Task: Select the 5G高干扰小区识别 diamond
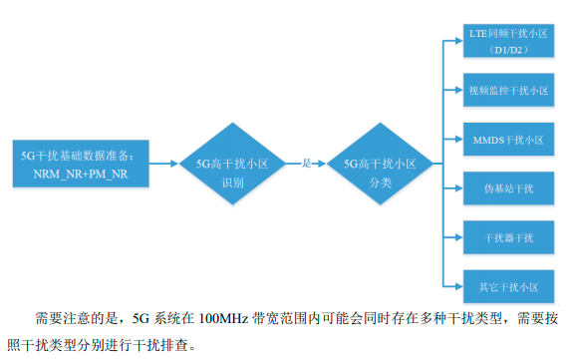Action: pos(232,164)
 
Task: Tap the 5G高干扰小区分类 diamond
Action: pos(379,164)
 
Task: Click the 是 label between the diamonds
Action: pos(307,162)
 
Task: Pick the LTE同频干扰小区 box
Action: pos(508,41)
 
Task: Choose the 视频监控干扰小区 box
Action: pos(508,90)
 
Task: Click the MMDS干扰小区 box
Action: pos(508,139)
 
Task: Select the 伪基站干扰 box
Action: pos(508,187)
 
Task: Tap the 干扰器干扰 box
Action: pos(508,237)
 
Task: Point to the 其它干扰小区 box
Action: pos(508,286)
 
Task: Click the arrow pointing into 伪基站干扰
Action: pos(450,187)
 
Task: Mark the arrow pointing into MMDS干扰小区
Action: pos(450,139)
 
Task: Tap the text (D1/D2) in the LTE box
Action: pos(508,49)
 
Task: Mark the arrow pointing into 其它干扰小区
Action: pos(450,286)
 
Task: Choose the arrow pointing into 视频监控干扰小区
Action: pos(450,90)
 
